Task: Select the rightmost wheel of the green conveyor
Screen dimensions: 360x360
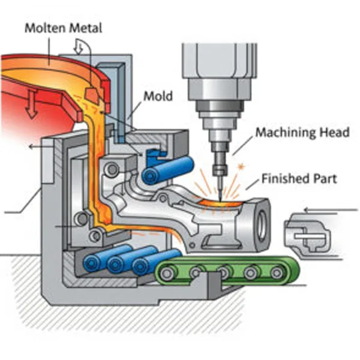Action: coord(277,274)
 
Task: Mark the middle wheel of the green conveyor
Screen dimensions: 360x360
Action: coord(223,274)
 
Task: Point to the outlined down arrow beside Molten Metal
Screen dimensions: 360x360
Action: coord(79,46)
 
